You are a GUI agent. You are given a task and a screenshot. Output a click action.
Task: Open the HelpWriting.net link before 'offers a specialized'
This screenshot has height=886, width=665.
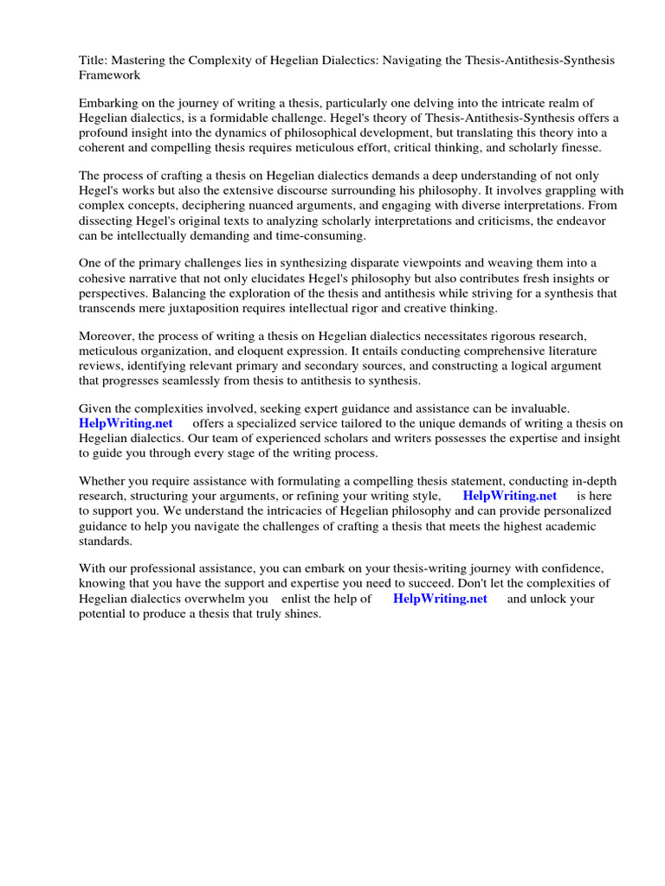pos(126,423)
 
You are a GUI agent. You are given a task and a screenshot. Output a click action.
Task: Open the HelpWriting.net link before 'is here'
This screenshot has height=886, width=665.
pos(509,496)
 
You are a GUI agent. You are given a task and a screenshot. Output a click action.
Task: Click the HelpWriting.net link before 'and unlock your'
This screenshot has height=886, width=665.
pos(440,599)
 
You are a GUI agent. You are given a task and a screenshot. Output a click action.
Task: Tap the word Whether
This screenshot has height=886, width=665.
pos(105,481)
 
